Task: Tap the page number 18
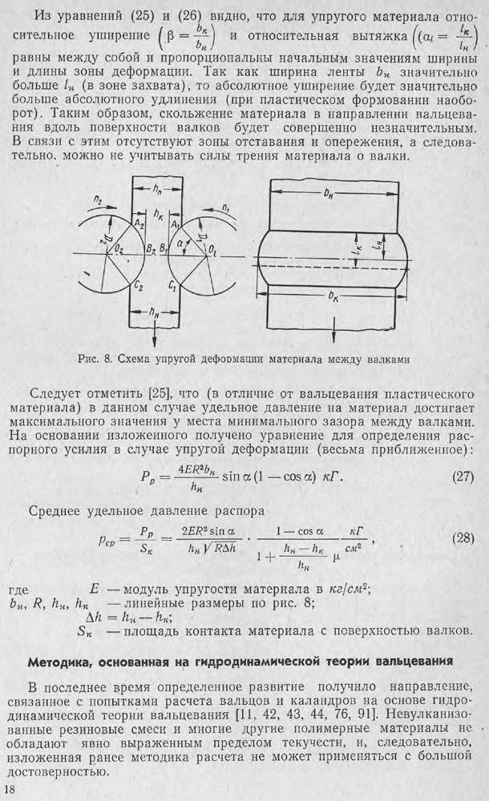click(x=10, y=791)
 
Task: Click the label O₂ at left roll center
click(x=119, y=251)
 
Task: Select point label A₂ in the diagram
click(x=140, y=224)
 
